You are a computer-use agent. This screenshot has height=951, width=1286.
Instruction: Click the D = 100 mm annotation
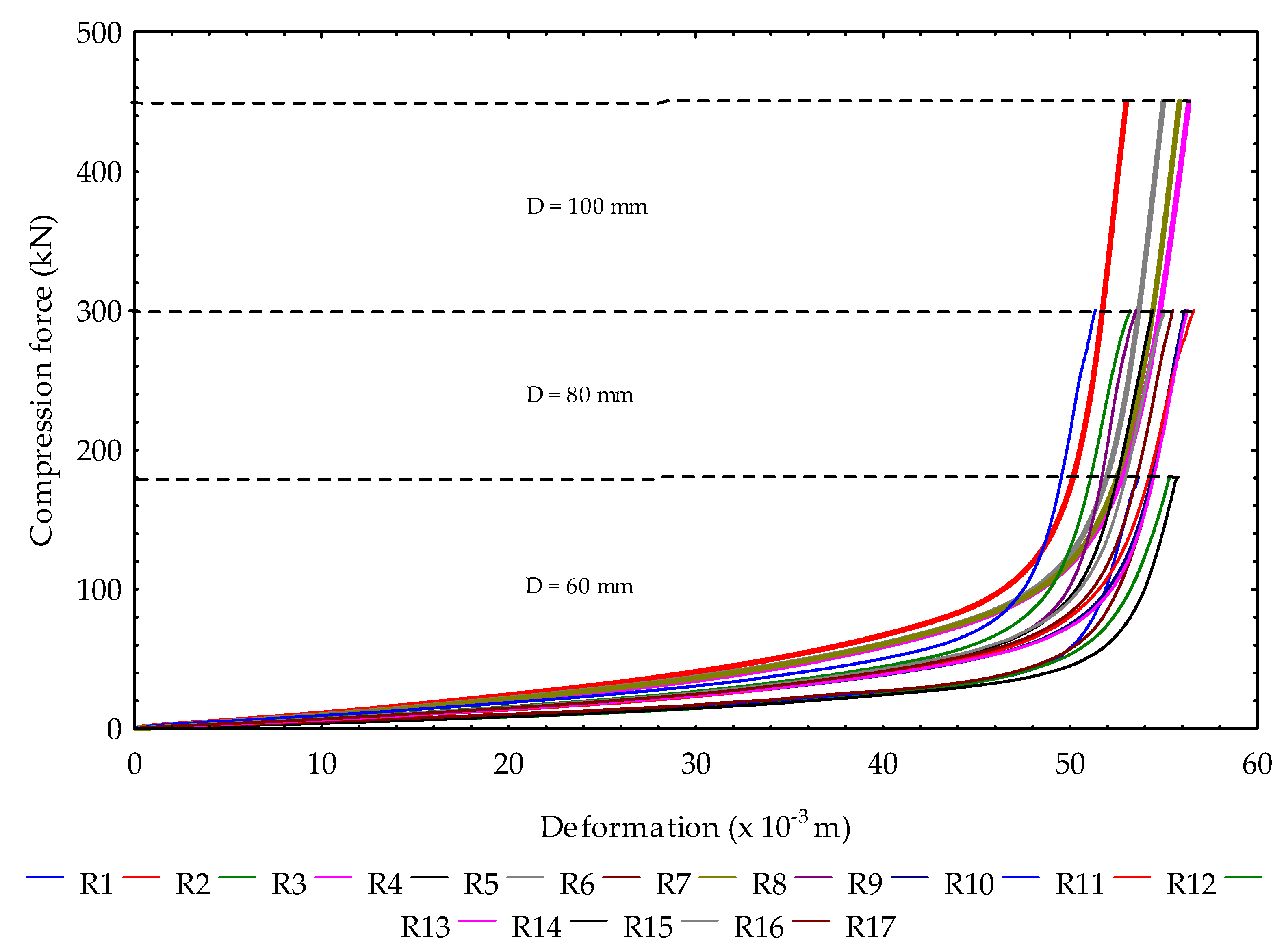pos(587,207)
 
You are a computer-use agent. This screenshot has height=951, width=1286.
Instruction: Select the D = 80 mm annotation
pos(579,395)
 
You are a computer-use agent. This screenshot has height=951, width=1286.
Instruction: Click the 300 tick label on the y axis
pos(99,312)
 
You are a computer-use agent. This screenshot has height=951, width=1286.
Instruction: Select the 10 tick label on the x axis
pos(321,765)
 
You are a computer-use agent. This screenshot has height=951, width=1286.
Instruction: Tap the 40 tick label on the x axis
pos(882,765)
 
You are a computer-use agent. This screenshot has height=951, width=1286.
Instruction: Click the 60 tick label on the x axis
pos(1257,765)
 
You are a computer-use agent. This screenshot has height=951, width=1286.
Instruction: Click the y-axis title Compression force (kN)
pos(41,380)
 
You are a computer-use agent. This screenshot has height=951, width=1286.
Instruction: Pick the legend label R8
pos(769,884)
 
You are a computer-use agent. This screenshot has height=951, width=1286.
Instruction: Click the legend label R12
pos(1191,884)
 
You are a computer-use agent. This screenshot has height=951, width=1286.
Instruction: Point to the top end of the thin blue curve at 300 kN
pos(1094,311)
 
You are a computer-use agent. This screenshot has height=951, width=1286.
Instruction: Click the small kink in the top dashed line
pos(664,102)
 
